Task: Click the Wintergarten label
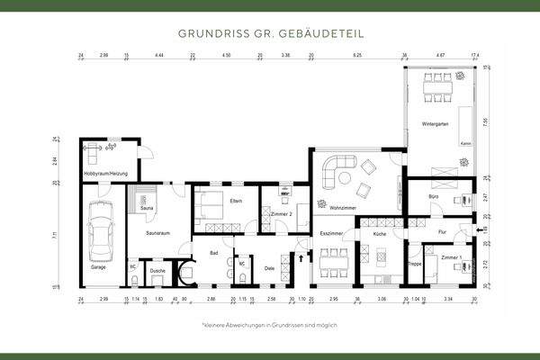click(x=435, y=123)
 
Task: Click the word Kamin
click(x=464, y=143)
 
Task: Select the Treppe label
click(x=415, y=264)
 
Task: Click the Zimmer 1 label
click(x=452, y=257)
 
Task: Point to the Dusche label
click(x=157, y=270)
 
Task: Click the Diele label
click(x=270, y=269)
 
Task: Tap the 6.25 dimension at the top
click(x=357, y=56)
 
